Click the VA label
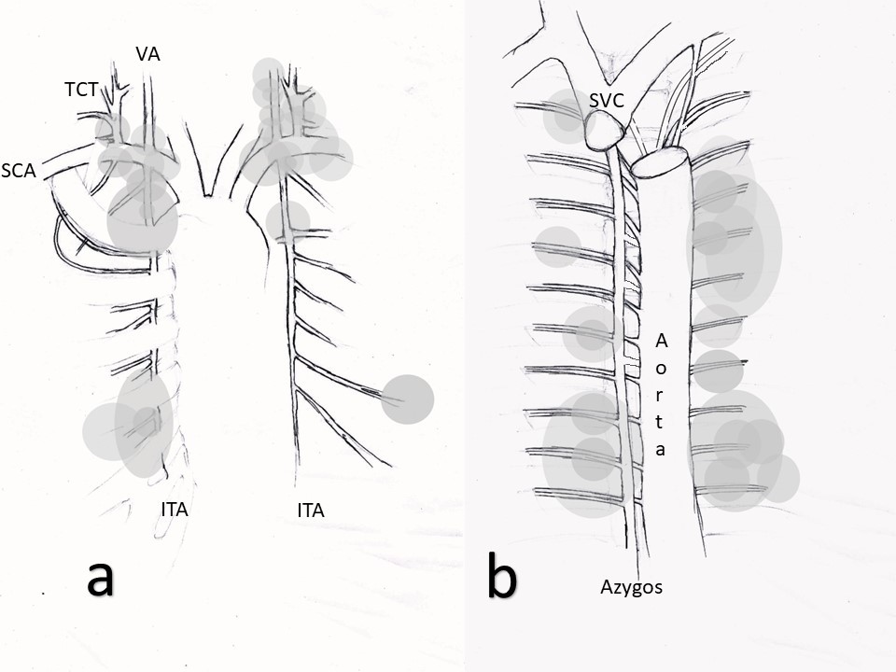point(147,54)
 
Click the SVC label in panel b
point(607,101)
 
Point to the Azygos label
point(631,587)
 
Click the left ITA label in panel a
point(181,510)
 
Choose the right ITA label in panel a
point(310,510)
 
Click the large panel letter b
point(501,578)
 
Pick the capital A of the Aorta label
point(661,339)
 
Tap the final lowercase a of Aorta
point(661,449)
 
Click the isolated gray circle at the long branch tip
point(408,399)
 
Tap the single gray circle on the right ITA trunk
point(287,222)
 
